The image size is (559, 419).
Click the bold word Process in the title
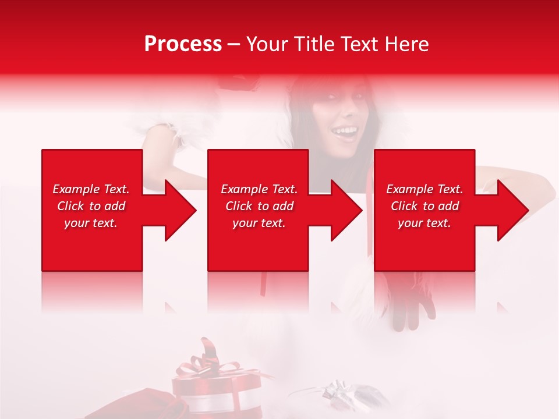tap(183, 44)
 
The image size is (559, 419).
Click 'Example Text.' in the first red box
tap(91, 189)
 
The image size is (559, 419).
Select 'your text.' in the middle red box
tap(259, 223)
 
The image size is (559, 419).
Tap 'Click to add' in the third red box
tap(424, 206)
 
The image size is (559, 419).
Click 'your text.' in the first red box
tap(91, 223)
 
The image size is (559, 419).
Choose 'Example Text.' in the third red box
tap(424, 189)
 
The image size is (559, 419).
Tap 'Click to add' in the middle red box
tap(259, 206)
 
